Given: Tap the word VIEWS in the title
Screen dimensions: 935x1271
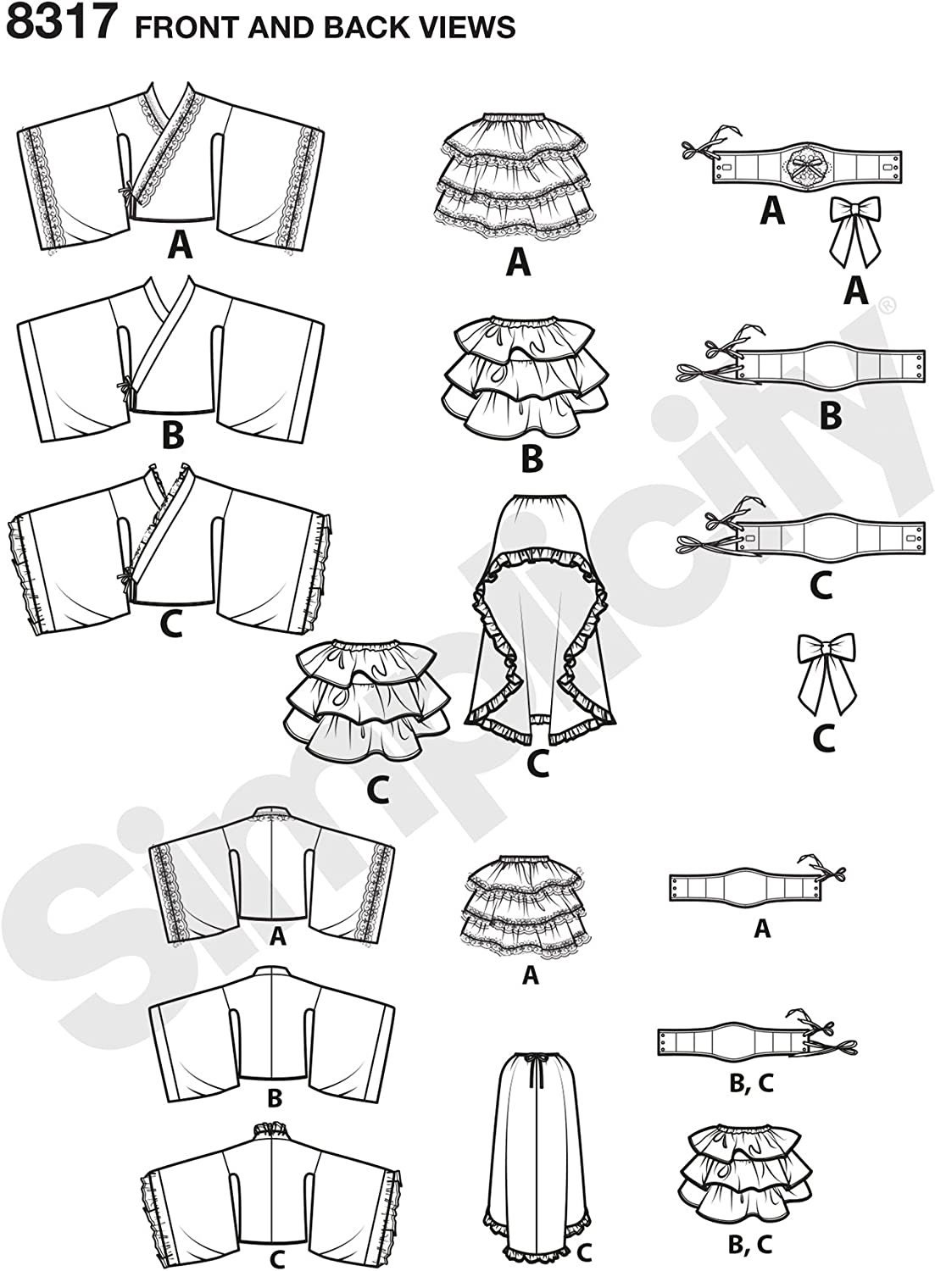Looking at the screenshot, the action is (463, 27).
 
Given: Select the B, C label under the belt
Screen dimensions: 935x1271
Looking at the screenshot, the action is (750, 1083).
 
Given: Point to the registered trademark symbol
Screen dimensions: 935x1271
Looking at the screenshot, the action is (889, 306).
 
